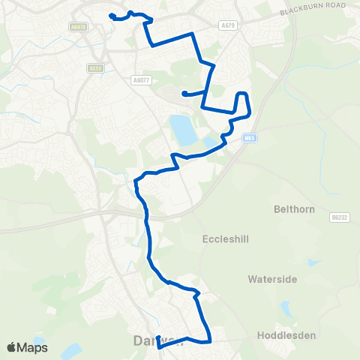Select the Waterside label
pos(272,278)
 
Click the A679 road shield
pos(229,25)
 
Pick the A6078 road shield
pos(76,27)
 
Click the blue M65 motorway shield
pos(250,138)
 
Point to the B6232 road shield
pos(340,217)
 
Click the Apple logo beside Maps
pos(12,347)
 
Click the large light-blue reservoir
pos(182,130)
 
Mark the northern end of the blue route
pos(111,16)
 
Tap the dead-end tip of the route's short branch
pos(184,94)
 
